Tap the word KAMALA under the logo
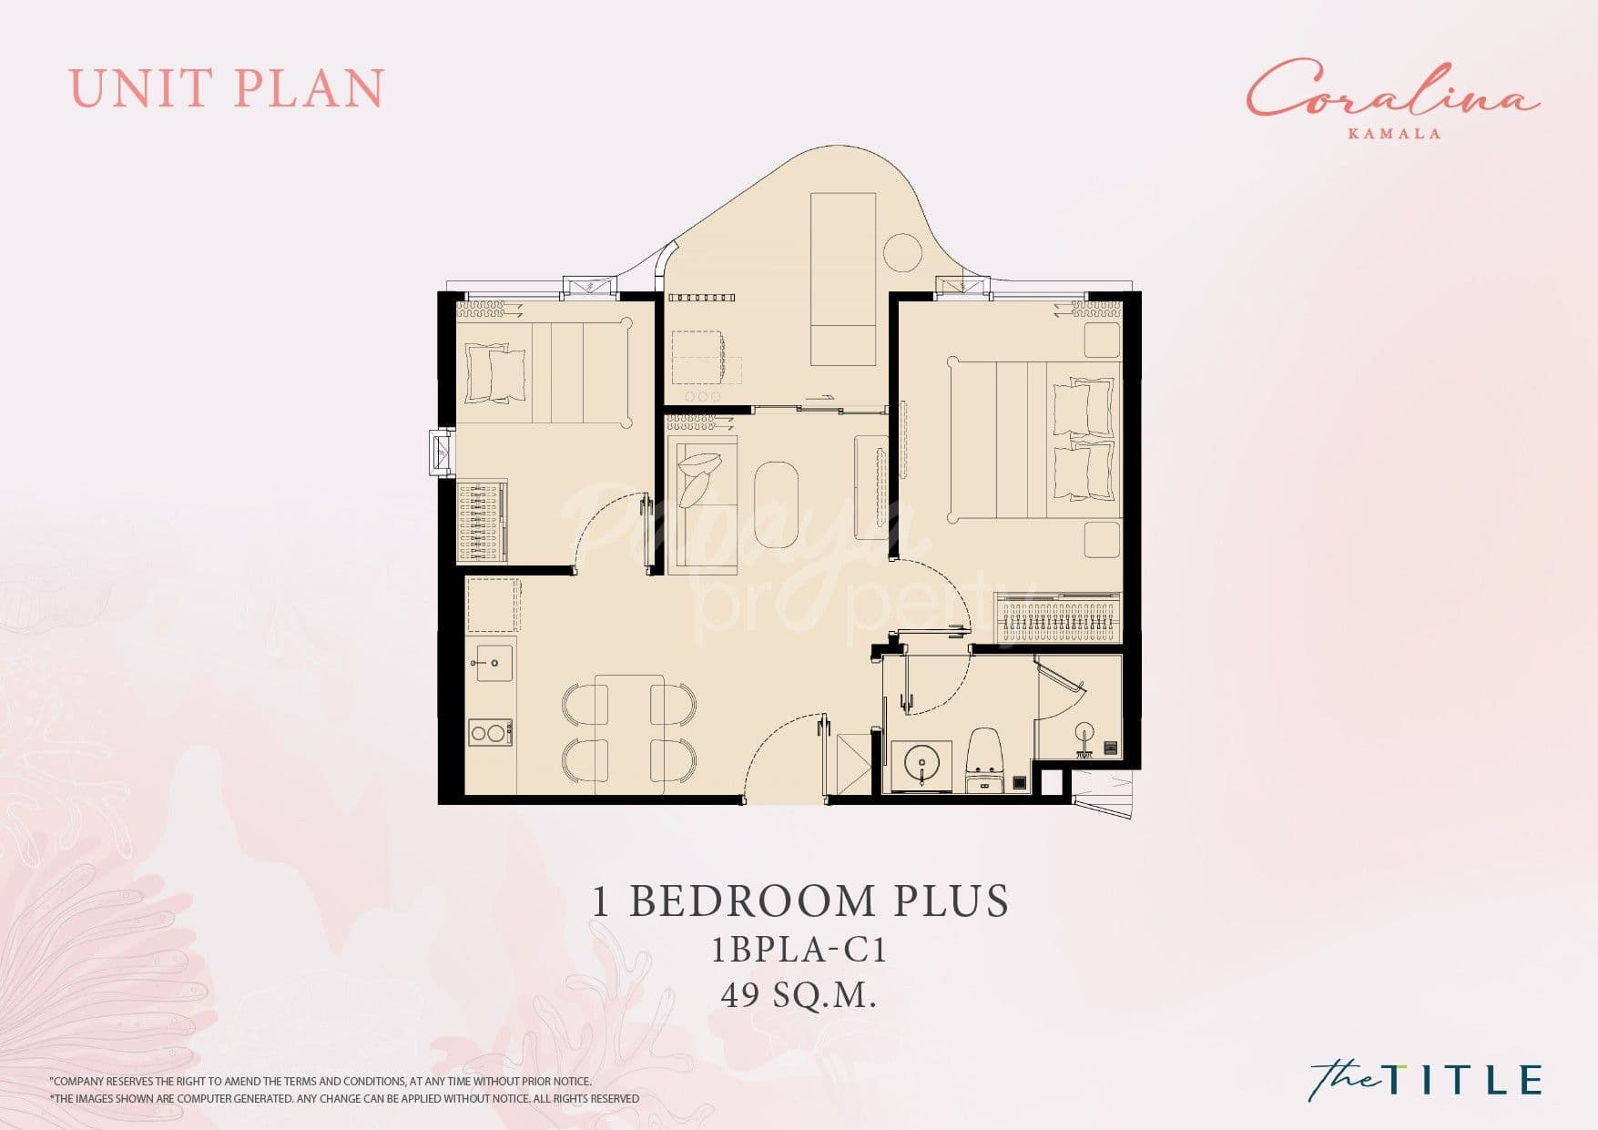1394,133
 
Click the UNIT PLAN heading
227,88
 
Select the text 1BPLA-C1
799,951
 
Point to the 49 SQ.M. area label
799,996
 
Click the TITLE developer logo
1426,1080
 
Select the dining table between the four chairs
629,735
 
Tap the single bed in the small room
544,372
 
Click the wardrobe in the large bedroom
1058,617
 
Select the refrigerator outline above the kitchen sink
493,605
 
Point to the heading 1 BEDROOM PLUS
800,901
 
